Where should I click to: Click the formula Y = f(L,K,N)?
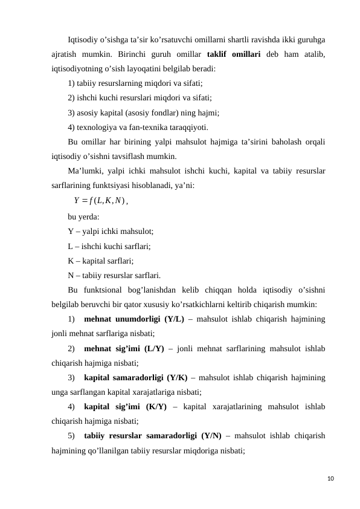pyautogui.click(x=100, y=201)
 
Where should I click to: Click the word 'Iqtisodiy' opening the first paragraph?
pyautogui.click(x=85, y=40)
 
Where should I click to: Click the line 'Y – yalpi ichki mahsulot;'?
pyautogui.click(x=111, y=231)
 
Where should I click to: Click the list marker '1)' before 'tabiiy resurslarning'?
pyautogui.click(x=72, y=83)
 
